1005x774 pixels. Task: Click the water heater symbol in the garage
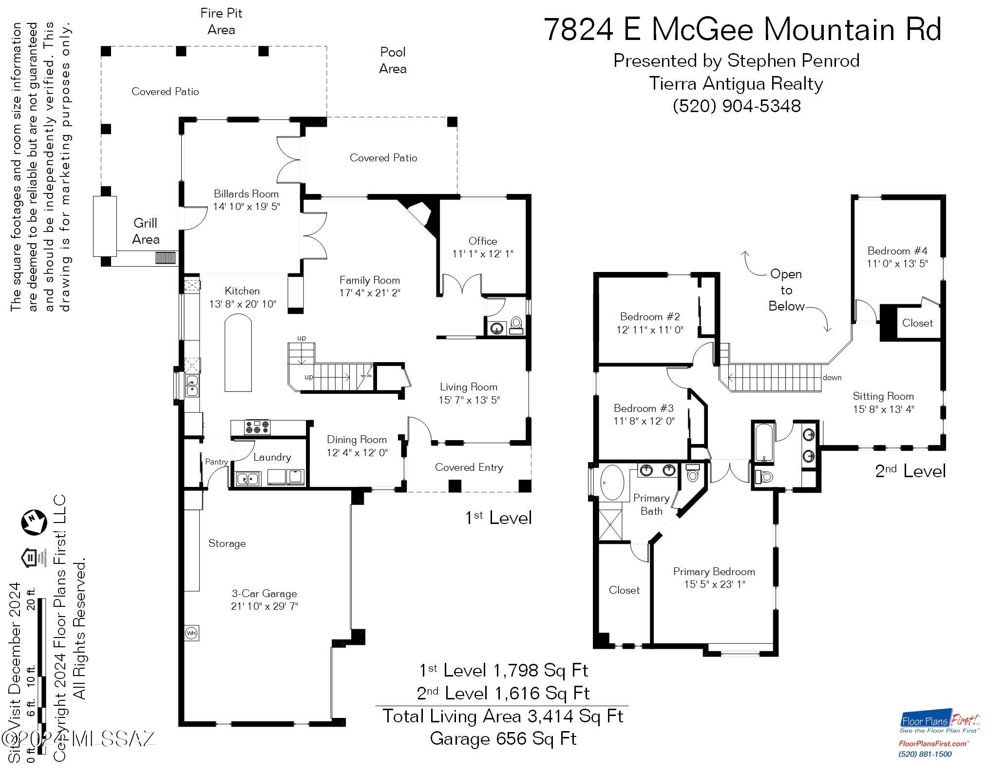pos(191,633)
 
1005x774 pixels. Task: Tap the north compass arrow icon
pos(33,522)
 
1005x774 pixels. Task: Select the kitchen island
pos(238,352)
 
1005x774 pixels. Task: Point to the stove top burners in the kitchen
pos(257,427)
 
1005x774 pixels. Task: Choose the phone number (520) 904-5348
pos(737,106)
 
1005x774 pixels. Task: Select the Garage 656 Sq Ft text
pos(503,738)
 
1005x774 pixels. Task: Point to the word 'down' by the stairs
pos(832,377)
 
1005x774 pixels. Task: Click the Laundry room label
pos(272,457)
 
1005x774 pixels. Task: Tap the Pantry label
pos(216,462)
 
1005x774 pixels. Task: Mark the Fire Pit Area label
pos(221,21)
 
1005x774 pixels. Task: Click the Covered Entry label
pos(469,467)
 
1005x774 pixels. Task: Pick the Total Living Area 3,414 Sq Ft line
pos(503,716)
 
